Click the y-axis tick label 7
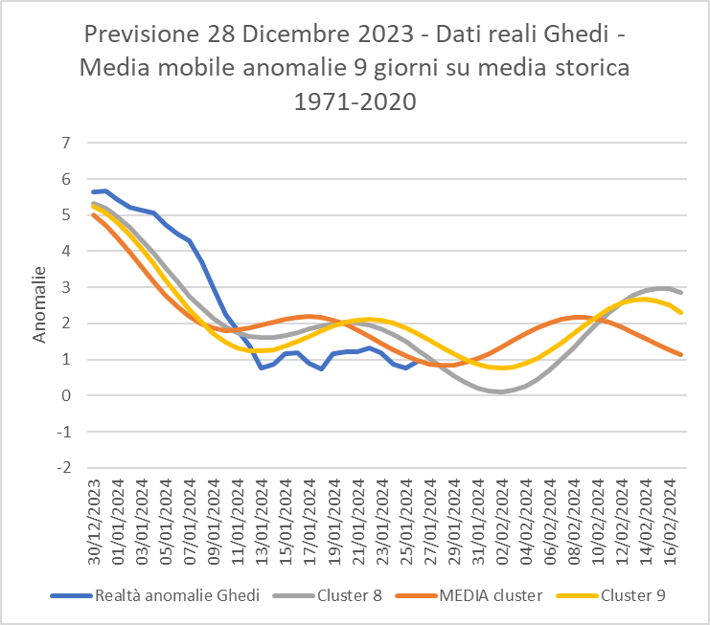(66, 144)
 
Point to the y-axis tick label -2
(64, 468)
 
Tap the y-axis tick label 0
(66, 396)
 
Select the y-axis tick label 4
(66, 252)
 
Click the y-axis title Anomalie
(39, 304)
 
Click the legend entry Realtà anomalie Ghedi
(177, 595)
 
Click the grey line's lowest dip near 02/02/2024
(501, 391)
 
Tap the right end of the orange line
(680, 355)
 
